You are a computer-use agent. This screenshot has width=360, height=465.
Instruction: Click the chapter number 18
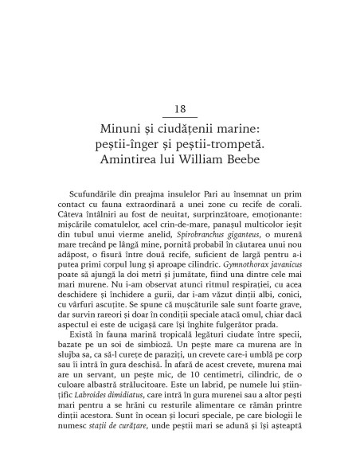point(180,108)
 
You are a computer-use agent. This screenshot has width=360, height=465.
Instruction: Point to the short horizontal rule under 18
point(180,118)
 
